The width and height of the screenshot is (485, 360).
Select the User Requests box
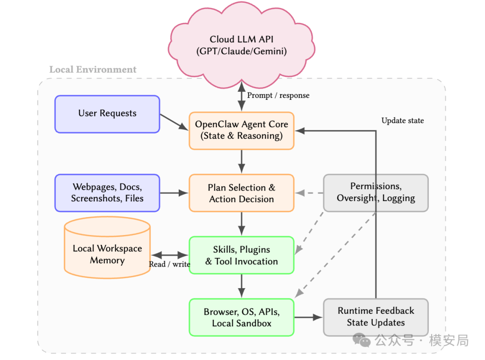[107, 114]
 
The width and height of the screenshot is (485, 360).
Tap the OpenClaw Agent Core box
[242, 130]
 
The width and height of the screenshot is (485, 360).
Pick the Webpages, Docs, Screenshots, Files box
[107, 193]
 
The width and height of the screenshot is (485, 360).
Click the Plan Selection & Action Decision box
[242, 193]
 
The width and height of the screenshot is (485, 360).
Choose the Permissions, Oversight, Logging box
[376, 193]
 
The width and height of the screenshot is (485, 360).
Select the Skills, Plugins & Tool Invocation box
[242, 255]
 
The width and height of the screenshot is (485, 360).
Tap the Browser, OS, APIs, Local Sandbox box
[242, 317]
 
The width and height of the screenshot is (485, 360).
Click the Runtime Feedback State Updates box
[376, 317]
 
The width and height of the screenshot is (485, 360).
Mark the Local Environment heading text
[93, 70]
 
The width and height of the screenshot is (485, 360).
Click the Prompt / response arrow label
[278, 95]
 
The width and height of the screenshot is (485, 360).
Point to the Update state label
[402, 120]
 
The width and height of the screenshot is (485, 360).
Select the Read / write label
[169, 264]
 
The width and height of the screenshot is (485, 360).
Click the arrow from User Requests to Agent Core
[174, 122]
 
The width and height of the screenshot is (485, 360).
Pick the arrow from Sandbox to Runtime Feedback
[309, 317]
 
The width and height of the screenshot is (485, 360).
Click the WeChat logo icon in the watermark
[362, 340]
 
